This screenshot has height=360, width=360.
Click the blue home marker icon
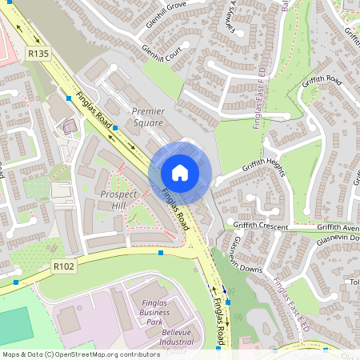[x=180, y=172]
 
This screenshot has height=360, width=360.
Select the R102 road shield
[x=63, y=266]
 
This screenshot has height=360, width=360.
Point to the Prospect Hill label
[x=107, y=200]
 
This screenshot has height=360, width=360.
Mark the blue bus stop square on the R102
[x=161, y=253]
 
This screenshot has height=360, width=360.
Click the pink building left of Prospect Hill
[x=69, y=126]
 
